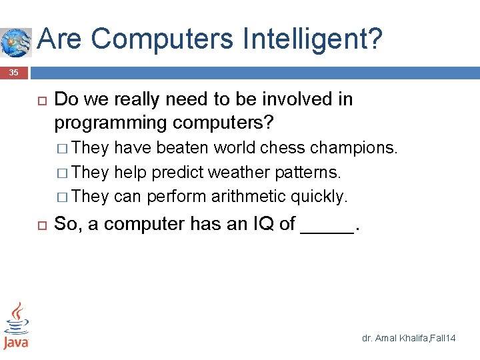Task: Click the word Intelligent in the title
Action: (308, 39)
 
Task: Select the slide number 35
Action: (14, 72)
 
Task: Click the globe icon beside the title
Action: (15, 41)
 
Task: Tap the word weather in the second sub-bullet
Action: (237, 173)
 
